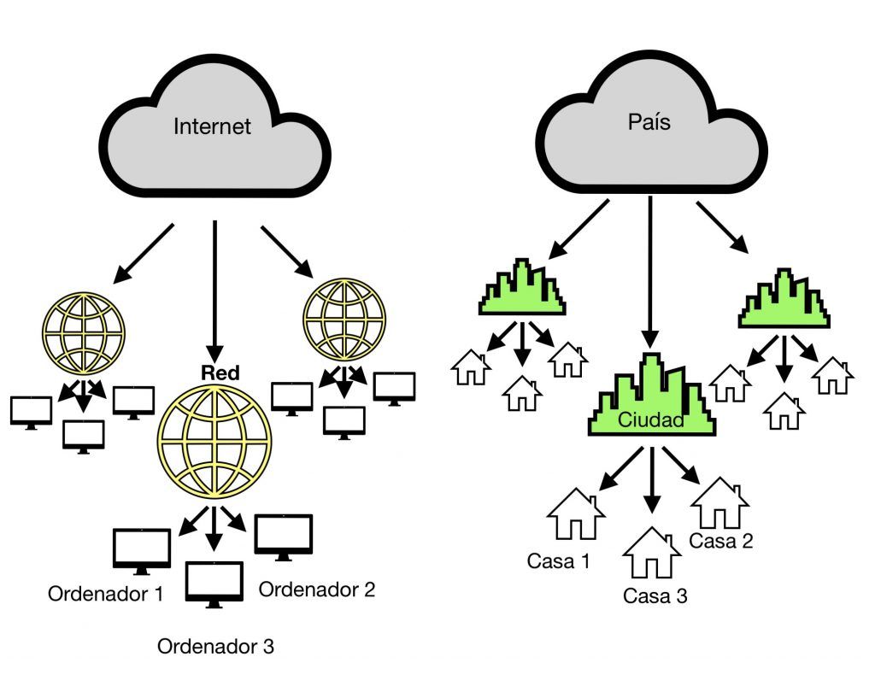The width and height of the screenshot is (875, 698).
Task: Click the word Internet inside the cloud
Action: click(x=212, y=127)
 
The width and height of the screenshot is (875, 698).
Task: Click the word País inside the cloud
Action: click(x=649, y=121)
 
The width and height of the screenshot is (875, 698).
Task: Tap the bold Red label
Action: click(x=220, y=372)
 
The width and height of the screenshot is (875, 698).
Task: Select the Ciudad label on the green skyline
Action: click(x=651, y=421)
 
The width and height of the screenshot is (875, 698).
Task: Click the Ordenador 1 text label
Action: click(x=105, y=593)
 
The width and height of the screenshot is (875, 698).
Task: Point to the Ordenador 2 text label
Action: click(x=317, y=589)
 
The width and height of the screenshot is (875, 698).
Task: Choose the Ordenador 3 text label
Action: click(x=215, y=647)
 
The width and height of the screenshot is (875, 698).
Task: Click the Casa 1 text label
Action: click(x=558, y=561)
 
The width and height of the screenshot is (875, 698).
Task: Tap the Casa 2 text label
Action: click(x=721, y=540)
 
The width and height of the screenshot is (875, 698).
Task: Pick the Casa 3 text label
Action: click(x=655, y=595)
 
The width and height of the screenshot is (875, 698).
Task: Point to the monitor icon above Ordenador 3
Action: click(x=214, y=584)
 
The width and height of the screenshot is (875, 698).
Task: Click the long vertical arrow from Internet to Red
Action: click(x=214, y=290)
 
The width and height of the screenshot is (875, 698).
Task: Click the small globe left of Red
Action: click(x=84, y=332)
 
